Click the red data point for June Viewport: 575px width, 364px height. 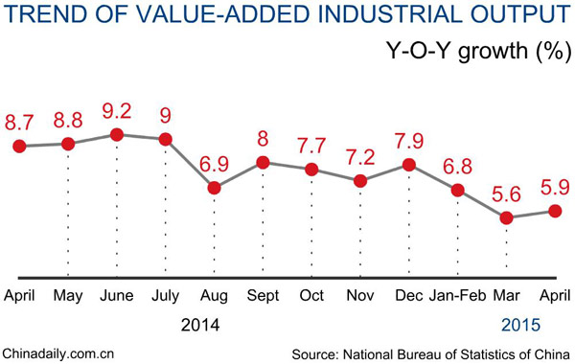tap(117, 135)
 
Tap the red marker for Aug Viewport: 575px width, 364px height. tap(215, 188)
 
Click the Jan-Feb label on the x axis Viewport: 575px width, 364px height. tap(458, 293)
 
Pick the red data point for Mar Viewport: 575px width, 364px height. tap(507, 217)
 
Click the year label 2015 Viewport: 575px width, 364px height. tap(526, 324)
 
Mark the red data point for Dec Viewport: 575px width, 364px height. tap(409, 165)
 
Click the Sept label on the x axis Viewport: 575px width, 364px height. tap(264, 293)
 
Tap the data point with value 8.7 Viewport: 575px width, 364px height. tap(19, 146)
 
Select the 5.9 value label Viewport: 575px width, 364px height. tap(555, 185)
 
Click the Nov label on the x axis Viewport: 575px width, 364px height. tap(360, 293)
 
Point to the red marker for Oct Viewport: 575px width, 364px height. tap(311, 170)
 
